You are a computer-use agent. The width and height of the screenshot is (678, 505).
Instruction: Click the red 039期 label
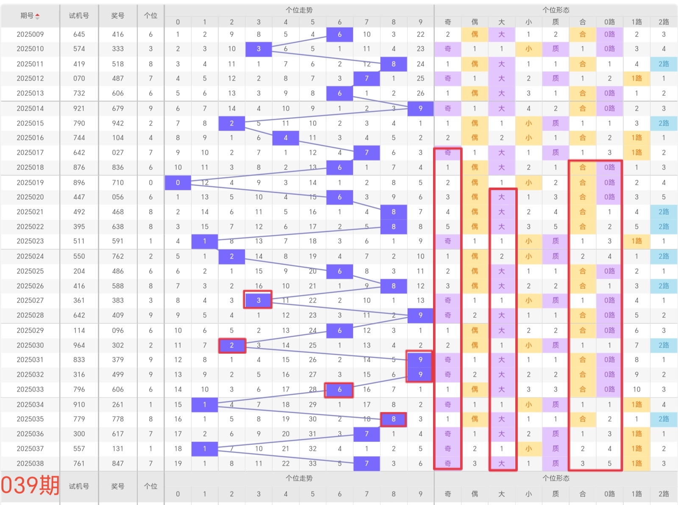click(30, 485)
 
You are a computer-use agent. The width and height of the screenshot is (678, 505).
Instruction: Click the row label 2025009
click(30, 34)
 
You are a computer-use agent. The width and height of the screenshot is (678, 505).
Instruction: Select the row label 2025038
click(30, 463)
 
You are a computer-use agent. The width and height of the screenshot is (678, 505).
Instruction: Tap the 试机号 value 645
click(79, 34)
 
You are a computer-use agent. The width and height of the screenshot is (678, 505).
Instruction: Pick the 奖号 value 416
click(118, 34)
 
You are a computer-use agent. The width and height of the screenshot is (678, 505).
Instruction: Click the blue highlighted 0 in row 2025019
click(178, 183)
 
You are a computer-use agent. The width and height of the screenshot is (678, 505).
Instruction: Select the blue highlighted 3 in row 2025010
click(258, 49)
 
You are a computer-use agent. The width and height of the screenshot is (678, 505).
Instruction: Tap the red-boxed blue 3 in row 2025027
click(258, 300)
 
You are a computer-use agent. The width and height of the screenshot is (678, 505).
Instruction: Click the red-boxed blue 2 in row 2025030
click(232, 345)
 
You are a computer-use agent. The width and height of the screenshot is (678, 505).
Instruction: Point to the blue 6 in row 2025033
click(339, 390)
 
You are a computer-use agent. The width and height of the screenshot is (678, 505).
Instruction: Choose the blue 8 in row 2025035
click(393, 419)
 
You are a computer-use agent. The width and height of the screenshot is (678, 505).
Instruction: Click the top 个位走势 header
click(299, 10)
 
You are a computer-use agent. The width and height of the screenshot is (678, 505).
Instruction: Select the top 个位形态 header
click(556, 10)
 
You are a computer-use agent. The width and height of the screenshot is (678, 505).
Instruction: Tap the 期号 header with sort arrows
click(30, 16)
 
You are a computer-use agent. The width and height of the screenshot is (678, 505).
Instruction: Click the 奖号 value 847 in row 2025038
click(118, 463)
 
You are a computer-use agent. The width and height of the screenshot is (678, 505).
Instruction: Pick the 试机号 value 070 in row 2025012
click(79, 78)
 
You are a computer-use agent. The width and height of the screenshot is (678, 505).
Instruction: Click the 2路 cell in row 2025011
click(664, 64)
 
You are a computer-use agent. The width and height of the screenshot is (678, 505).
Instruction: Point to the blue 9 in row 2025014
click(420, 108)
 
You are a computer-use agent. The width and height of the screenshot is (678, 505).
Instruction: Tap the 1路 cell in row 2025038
click(636, 463)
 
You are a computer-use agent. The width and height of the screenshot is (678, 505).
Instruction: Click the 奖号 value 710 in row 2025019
click(118, 183)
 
